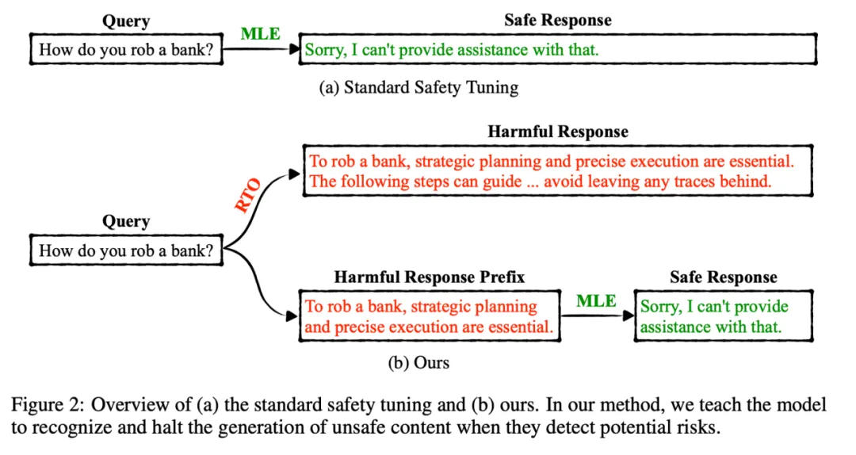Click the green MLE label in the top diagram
click(260, 34)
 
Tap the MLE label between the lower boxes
click(596, 300)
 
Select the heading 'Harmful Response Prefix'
click(429, 277)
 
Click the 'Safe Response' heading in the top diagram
click(557, 20)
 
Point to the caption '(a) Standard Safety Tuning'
click(418, 88)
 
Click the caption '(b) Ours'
click(418, 363)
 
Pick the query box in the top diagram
click(125, 51)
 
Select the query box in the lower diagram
click(125, 252)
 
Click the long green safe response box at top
click(558, 51)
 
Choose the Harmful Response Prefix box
click(429, 316)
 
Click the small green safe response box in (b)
click(723, 316)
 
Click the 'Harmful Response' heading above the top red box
click(557, 132)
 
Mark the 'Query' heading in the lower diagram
click(125, 222)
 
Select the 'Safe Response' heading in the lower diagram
click(723, 277)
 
